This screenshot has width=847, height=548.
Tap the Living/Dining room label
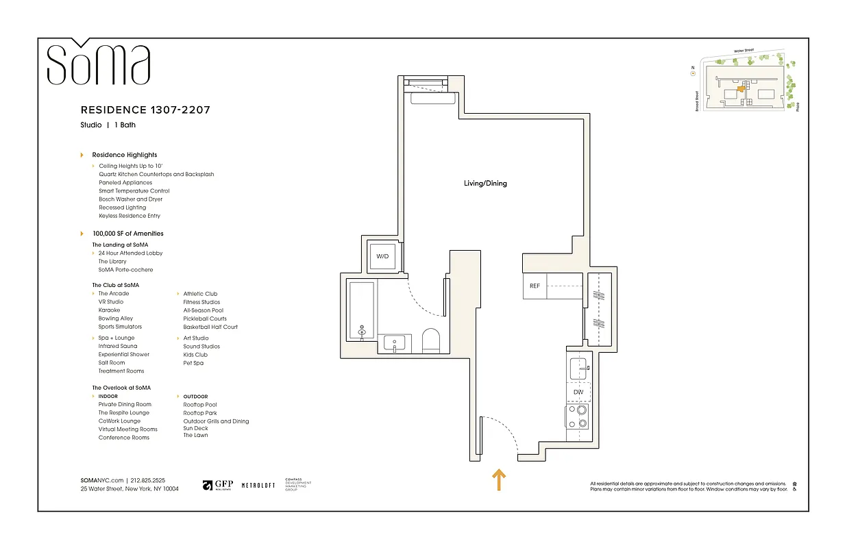click(x=485, y=184)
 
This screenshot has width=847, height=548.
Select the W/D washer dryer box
click(x=382, y=256)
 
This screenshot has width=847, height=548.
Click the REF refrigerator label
click(x=535, y=286)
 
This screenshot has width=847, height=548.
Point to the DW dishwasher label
click(x=578, y=393)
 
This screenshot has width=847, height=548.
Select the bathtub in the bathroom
click(x=361, y=312)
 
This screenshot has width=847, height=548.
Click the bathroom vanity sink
click(x=395, y=342)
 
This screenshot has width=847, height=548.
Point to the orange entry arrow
click(x=499, y=480)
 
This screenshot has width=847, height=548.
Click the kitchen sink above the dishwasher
click(x=579, y=369)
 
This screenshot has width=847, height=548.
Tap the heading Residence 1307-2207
click(x=145, y=110)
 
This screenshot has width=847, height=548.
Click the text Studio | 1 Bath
click(x=108, y=125)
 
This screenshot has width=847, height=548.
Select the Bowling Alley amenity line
click(x=115, y=319)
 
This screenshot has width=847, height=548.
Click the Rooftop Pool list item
click(x=199, y=405)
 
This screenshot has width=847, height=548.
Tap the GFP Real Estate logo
click(x=219, y=485)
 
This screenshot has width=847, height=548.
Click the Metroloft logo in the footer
click(x=258, y=485)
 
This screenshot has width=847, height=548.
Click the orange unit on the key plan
click(x=740, y=88)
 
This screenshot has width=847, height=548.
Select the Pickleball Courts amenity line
click(x=205, y=319)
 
